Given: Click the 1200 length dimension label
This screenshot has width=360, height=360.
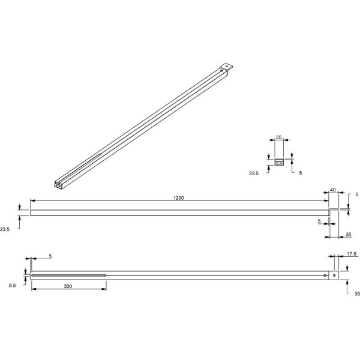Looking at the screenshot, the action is coord(178,197).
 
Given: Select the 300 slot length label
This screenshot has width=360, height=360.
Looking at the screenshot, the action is coord(68,286).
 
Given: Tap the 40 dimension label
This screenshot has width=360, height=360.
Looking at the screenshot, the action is coord(332,190).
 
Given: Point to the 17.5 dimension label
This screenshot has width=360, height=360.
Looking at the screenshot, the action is coord(352,254).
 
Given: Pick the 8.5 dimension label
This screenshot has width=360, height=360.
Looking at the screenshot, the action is coord(13,286).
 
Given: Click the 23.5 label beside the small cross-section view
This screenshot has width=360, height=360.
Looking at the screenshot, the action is coord(254,173).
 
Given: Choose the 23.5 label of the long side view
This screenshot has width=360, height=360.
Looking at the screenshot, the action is coord(5,229).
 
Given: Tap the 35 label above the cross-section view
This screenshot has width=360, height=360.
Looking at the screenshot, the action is coord(278,137).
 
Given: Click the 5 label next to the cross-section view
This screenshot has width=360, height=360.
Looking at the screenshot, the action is coord(301,173).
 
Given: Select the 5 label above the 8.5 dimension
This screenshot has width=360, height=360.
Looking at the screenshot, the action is coord(50,256).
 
